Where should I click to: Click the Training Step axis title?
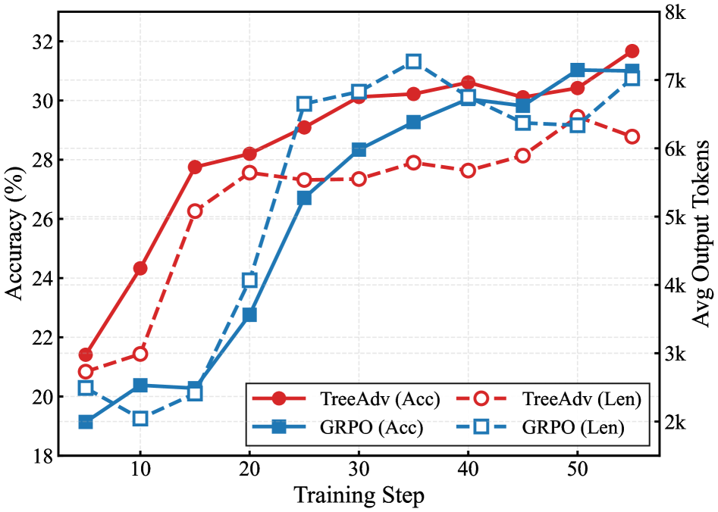point(359,496)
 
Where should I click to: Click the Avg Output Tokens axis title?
point(702,233)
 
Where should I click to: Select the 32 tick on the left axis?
point(40,42)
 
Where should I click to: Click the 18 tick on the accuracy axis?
point(40,456)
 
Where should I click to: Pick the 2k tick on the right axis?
point(676,422)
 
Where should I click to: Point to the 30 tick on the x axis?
point(359,470)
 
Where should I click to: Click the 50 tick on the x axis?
point(577,470)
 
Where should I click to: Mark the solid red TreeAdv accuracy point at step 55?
point(632,51)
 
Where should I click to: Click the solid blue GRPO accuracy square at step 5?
point(86,422)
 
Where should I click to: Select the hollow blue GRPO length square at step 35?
point(413,61)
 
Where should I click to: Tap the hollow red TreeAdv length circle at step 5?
point(86,371)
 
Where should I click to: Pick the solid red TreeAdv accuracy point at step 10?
point(140,268)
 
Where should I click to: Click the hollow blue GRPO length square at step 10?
point(140,418)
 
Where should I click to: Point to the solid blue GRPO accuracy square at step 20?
point(249,315)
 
